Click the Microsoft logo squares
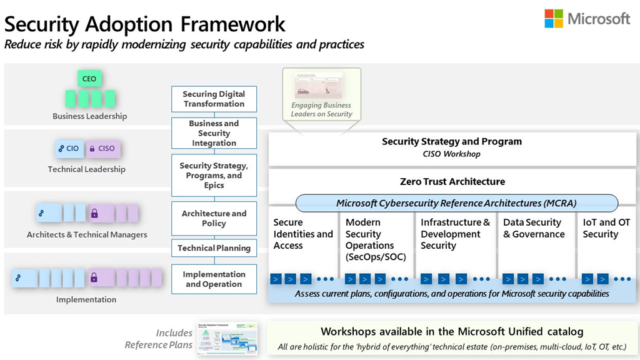[x=553, y=19]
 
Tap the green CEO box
[x=89, y=79]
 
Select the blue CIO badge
[x=69, y=149]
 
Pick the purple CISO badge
[x=102, y=149]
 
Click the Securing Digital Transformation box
[x=214, y=99]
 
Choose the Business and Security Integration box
[x=214, y=133]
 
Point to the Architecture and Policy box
[x=214, y=218]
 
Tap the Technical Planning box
[x=214, y=248]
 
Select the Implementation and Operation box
[x=214, y=279]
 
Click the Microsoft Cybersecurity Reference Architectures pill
[x=456, y=203]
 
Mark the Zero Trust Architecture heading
[x=452, y=182]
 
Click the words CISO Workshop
[x=452, y=154]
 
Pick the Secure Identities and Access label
[x=303, y=234]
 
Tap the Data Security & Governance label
[x=534, y=228]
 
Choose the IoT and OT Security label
[x=606, y=228]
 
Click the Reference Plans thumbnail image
[x=227, y=338]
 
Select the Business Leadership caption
[x=89, y=116]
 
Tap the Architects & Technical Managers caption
[x=87, y=235]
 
